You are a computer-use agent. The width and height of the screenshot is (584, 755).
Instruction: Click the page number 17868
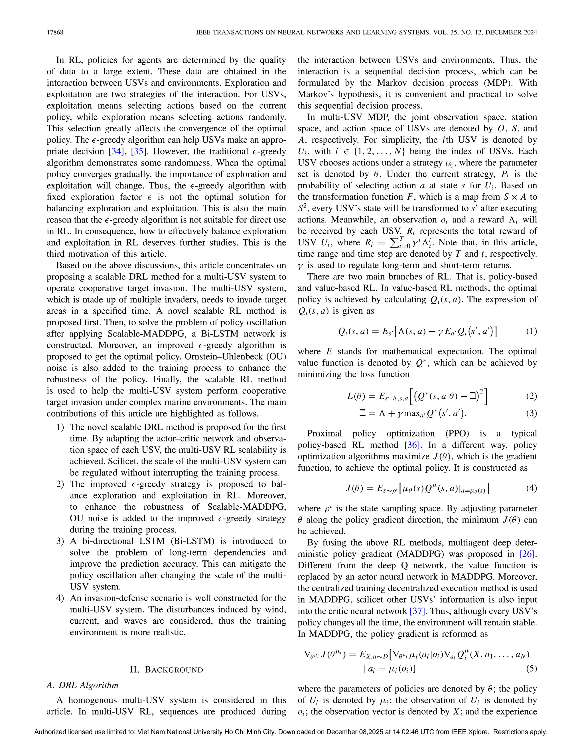[55, 32]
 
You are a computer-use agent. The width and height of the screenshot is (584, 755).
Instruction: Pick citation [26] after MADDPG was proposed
[528, 554]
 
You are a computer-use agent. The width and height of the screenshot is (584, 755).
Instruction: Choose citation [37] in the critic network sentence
[417, 611]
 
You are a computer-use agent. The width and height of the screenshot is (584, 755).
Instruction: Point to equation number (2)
[532, 396]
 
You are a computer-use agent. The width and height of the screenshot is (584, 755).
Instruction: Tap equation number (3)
[532, 413]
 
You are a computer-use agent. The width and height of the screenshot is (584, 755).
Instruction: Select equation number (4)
[532, 488]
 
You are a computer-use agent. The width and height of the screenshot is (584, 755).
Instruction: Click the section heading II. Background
[167, 670]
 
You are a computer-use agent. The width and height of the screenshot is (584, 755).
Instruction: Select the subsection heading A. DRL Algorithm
[83, 685]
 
